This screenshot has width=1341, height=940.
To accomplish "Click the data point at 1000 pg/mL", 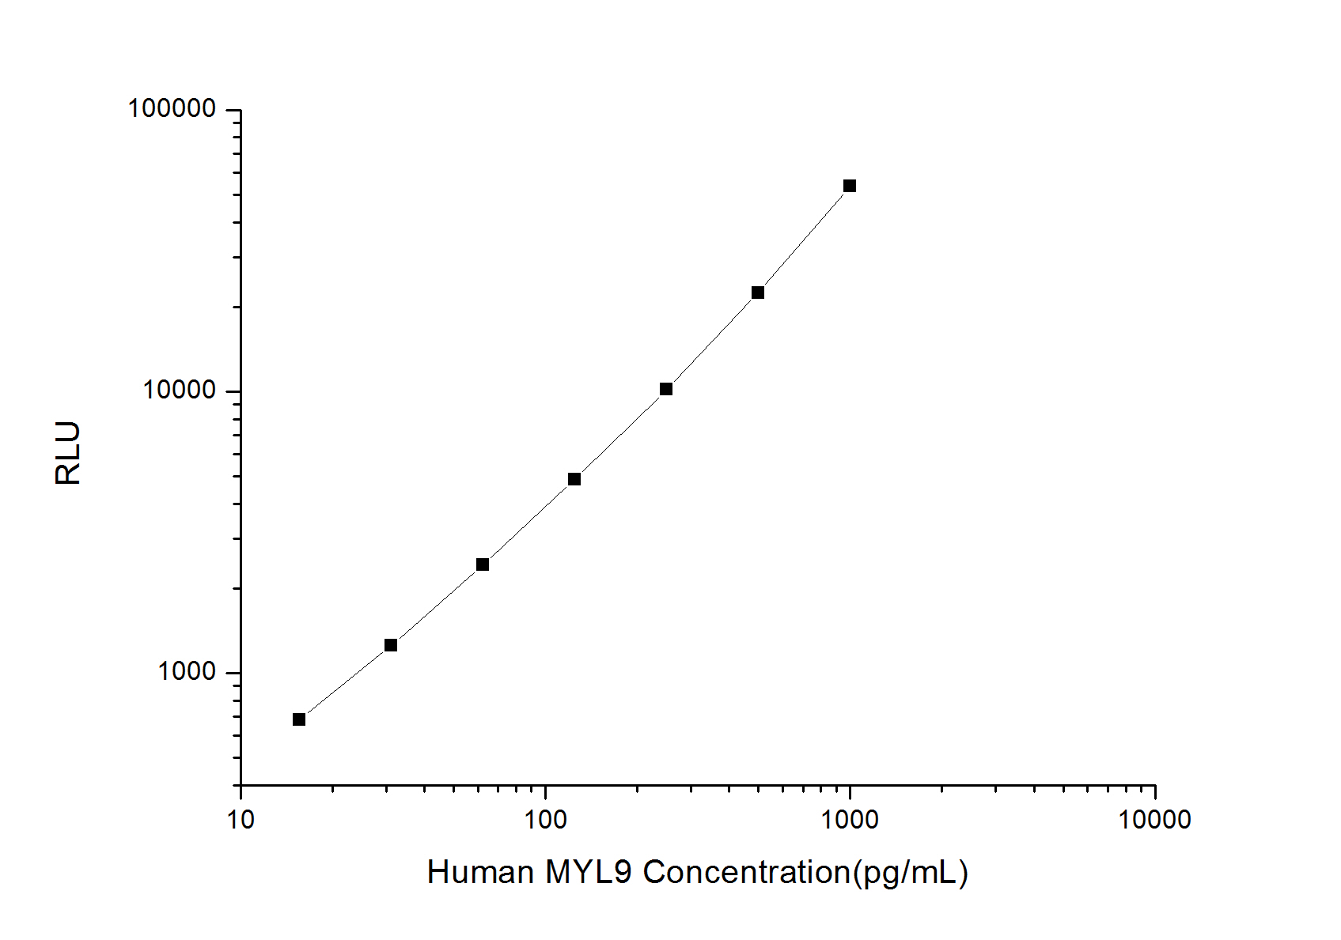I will click(x=849, y=186).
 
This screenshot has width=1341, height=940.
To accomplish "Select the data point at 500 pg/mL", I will click(x=757, y=293).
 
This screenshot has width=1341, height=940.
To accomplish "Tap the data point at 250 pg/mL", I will click(x=666, y=389).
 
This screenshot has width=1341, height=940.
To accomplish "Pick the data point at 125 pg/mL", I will click(x=574, y=479).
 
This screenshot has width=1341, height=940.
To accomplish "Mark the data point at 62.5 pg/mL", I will click(x=483, y=564).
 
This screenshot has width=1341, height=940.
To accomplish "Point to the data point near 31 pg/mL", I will click(x=391, y=645).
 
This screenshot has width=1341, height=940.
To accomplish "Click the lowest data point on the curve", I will click(x=299, y=719).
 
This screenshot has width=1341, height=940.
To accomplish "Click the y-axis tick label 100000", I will click(x=172, y=109).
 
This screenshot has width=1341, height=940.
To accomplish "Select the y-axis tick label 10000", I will click(x=180, y=391).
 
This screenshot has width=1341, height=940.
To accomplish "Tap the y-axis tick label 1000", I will click(x=187, y=672).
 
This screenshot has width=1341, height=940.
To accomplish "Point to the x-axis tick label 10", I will click(x=241, y=820).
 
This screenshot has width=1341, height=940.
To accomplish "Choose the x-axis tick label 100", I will click(x=545, y=820).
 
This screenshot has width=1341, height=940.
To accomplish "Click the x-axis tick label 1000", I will click(x=850, y=820).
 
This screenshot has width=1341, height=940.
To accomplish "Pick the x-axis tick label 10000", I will click(x=1154, y=820).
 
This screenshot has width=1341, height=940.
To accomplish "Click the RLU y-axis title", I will click(x=69, y=453).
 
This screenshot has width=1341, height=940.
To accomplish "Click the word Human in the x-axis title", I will click(x=480, y=873).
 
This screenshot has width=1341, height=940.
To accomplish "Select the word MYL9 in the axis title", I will click(x=589, y=873).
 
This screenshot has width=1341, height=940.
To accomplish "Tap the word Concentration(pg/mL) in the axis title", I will click(x=805, y=873).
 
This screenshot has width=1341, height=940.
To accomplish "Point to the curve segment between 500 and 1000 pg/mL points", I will click(x=804, y=239).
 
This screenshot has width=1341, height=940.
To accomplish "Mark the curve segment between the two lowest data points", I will click(x=345, y=683).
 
